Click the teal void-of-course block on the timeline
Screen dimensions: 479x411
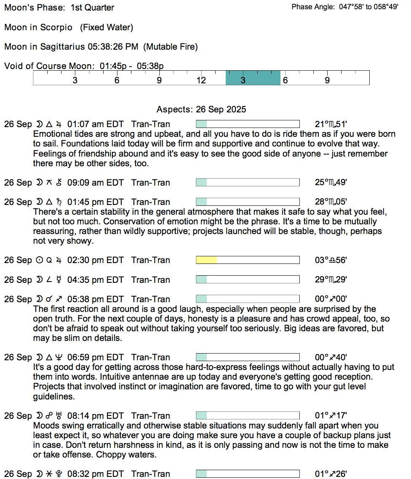click(253, 78)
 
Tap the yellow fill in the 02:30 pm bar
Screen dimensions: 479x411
click(206, 260)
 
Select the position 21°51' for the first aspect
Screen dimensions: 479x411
click(331, 124)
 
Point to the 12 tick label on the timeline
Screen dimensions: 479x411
click(201, 80)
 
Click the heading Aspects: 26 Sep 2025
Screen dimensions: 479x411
click(201, 109)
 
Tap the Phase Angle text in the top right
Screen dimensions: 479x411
click(344, 7)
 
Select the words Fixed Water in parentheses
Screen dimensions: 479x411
click(107, 27)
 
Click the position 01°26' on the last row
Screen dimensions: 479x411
click(331, 474)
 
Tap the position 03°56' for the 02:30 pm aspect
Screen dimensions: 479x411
click(331, 260)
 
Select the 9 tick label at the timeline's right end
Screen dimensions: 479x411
click(327, 80)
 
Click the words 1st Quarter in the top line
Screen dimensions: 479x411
click(92, 8)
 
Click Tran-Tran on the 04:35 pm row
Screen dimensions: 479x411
click(151, 280)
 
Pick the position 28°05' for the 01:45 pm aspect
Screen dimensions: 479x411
click(331, 202)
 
